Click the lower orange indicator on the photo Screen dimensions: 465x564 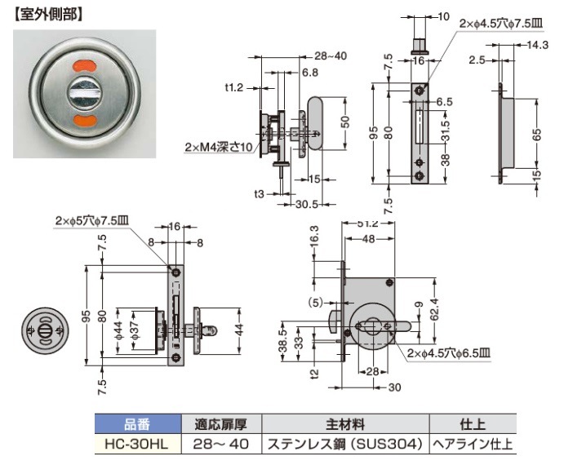pos(86,122)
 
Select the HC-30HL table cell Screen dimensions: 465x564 pos(136,445)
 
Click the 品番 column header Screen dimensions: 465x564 pos(136,424)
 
